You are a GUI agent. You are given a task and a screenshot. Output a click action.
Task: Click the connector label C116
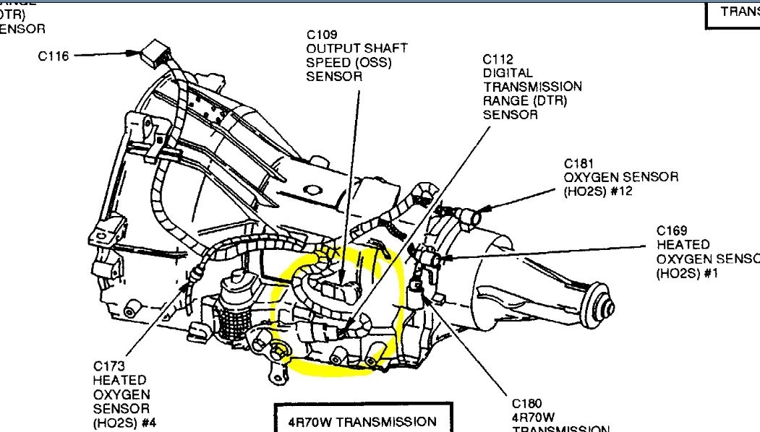[54, 55]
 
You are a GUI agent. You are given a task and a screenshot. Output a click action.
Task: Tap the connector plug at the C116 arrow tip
[153, 54]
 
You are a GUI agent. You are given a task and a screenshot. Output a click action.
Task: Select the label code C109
[322, 34]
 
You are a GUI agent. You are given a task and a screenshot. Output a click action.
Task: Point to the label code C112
[498, 59]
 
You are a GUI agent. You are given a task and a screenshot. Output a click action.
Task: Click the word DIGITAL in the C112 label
[508, 72]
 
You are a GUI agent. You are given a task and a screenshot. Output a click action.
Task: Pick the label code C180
[527, 403]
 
